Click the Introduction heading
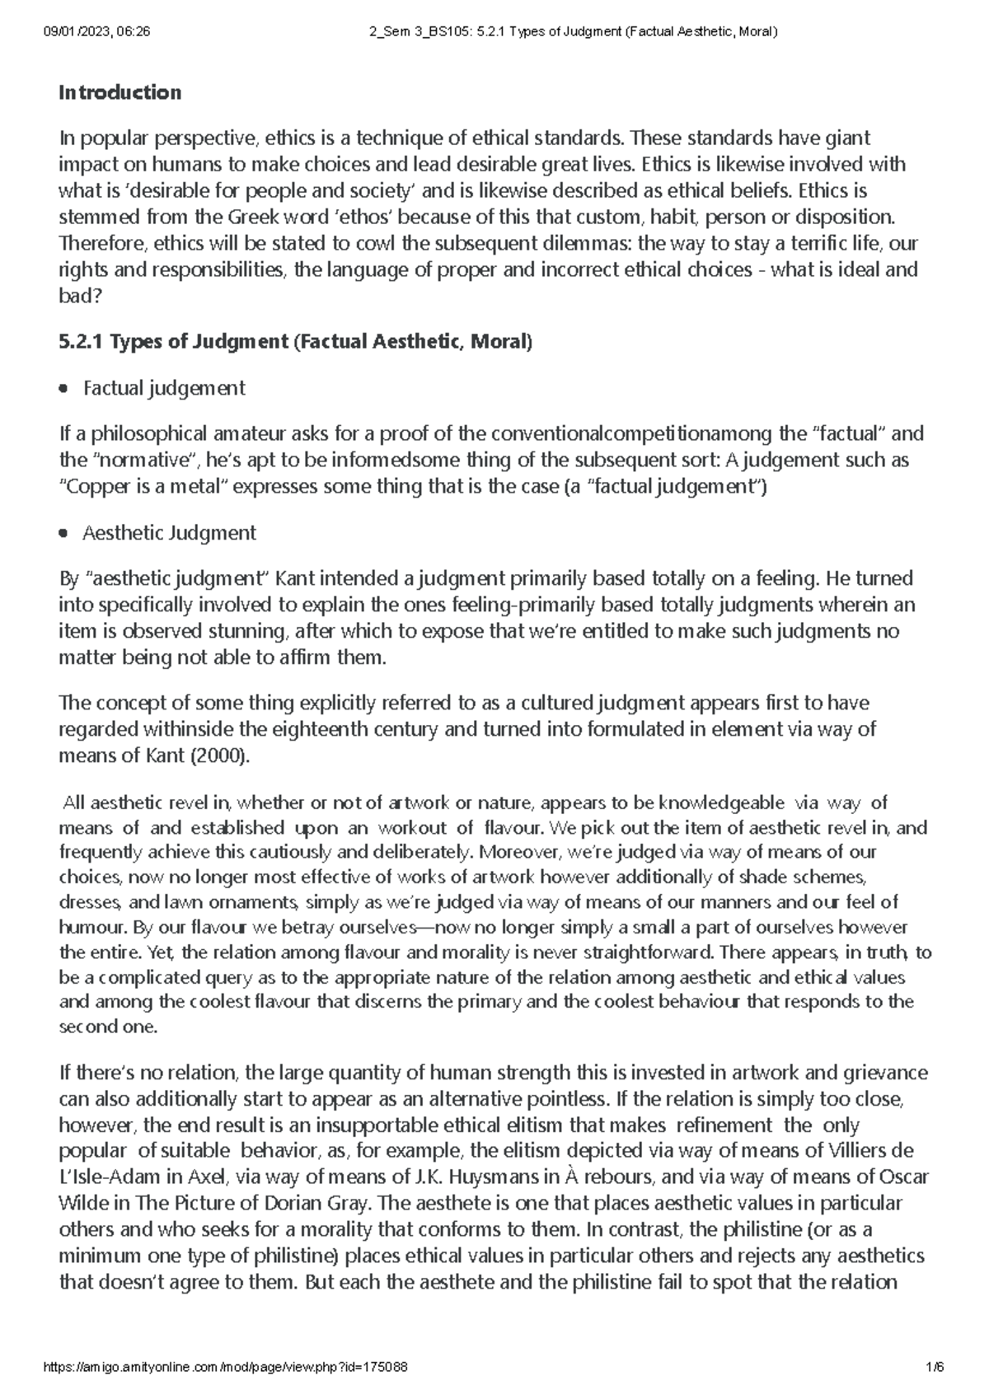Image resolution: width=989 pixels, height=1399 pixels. [x=120, y=92]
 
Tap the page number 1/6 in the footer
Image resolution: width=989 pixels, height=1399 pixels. [x=935, y=1367]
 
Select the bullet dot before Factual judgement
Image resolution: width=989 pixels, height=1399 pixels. [x=63, y=388]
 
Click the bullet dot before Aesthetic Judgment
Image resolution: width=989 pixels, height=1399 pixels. [x=63, y=534]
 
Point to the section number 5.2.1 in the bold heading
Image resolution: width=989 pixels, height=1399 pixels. [x=81, y=342]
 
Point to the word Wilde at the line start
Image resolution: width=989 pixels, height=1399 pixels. [x=82, y=1203]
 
